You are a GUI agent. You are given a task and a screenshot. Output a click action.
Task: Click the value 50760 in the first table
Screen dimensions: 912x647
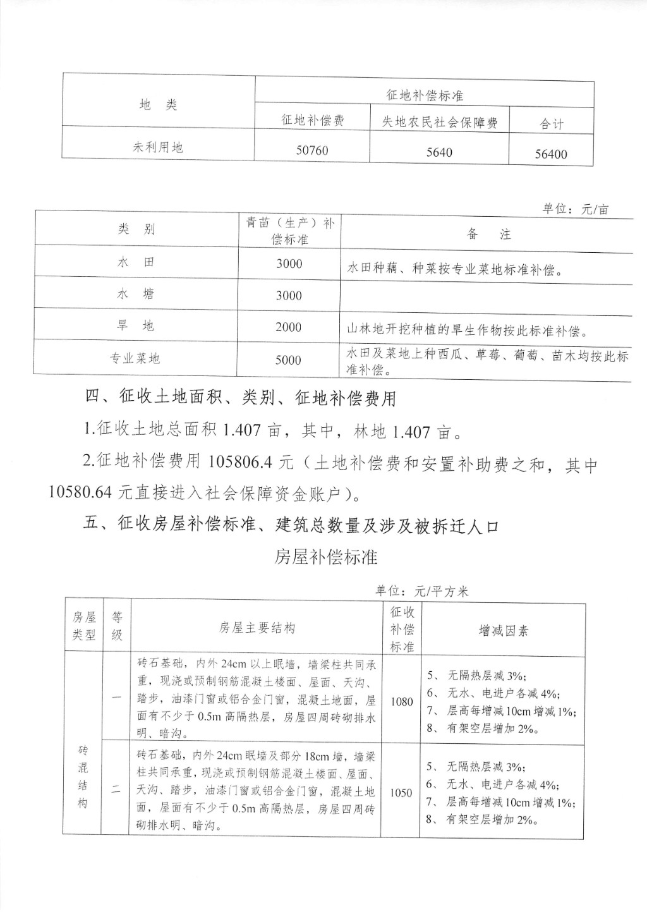312,150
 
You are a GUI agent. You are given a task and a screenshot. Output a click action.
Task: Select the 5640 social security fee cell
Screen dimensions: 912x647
439,152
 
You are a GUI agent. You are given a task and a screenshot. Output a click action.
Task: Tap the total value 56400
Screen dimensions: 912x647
551,154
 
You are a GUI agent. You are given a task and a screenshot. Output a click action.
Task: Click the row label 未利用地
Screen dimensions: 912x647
158,147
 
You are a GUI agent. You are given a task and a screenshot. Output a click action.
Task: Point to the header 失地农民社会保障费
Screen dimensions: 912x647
439,122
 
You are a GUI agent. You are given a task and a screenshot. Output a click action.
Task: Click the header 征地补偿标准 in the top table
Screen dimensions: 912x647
425,95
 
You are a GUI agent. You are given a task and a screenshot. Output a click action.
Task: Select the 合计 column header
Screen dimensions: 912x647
551,124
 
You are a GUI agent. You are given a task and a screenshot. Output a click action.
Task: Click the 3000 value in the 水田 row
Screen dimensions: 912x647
289,264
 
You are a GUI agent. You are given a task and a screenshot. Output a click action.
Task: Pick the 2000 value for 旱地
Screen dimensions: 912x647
289,327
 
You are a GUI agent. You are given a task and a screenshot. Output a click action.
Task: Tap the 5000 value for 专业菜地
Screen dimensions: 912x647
288,360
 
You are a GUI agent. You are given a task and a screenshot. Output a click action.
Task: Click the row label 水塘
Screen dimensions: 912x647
135,294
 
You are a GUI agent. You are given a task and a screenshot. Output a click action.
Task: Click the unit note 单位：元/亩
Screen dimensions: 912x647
575,209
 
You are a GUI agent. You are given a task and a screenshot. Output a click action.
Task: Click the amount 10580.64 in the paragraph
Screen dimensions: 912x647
78,493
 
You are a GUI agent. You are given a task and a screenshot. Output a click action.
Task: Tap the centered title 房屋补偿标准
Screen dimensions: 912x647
326,557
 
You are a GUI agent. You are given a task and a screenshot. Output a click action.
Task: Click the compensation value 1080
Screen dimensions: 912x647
402,702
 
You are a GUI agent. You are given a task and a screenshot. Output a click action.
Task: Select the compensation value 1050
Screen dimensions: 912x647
401,793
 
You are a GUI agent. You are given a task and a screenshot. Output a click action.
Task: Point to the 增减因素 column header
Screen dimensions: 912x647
503,630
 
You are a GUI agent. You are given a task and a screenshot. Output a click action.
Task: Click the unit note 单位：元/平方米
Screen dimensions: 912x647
421,591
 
